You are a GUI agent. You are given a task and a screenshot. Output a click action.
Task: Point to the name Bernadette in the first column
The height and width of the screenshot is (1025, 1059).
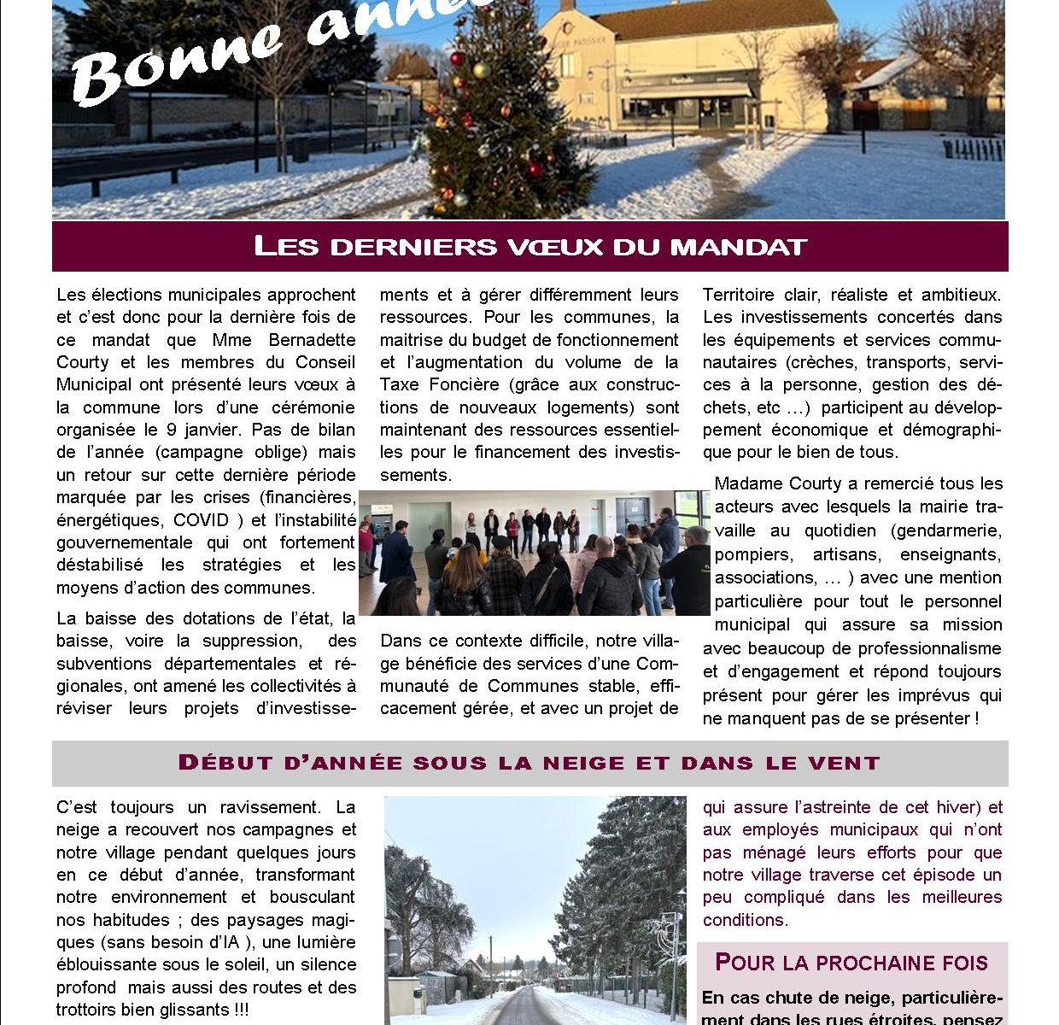pos(306,339)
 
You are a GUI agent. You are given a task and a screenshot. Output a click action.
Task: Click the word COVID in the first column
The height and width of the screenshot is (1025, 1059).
pos(202,520)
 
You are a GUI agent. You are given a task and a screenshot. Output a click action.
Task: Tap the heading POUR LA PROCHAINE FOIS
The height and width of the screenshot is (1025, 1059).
pos(851,963)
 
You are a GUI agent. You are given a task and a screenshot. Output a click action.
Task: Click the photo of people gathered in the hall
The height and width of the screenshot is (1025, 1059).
pos(534,553)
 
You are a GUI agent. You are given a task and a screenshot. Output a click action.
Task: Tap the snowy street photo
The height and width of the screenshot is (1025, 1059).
pos(535,910)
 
